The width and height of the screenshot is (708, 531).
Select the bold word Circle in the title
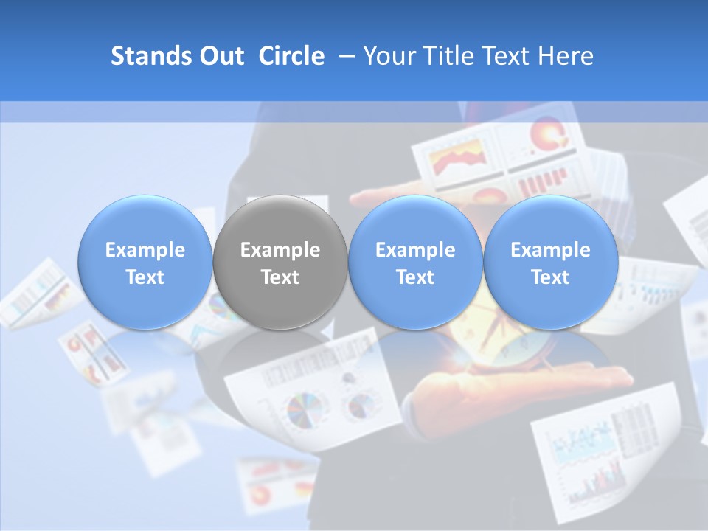click(x=291, y=56)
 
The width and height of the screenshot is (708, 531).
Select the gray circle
click(x=280, y=263)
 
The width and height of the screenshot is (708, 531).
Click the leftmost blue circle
click(x=145, y=263)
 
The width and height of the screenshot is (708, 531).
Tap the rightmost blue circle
click(x=550, y=263)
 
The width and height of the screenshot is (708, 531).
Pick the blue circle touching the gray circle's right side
click(x=415, y=263)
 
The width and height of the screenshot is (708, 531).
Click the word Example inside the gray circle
click(x=280, y=250)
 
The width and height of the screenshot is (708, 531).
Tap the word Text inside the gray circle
click(x=280, y=277)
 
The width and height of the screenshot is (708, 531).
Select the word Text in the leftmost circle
click(x=145, y=277)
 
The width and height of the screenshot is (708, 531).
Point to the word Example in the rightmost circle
click(x=550, y=250)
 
